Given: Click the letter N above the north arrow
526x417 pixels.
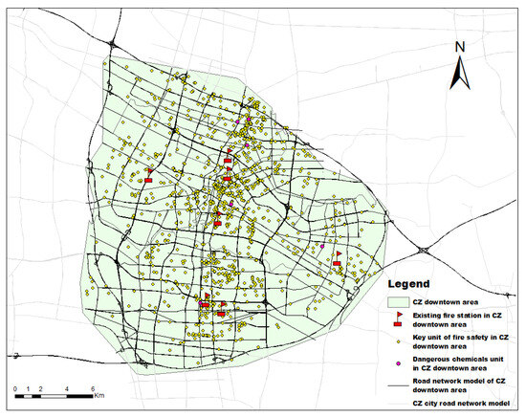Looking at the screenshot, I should (x=460, y=47).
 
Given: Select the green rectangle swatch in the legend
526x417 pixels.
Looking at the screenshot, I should (x=400, y=301).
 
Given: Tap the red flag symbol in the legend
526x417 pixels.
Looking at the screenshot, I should (x=400, y=318).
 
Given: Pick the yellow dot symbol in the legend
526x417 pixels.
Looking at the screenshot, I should (x=400, y=340).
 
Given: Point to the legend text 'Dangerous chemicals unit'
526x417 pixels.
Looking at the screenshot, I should (x=460, y=360).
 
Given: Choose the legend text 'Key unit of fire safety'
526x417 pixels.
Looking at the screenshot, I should (x=460, y=338).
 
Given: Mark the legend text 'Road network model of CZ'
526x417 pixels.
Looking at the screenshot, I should (x=460, y=382).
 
